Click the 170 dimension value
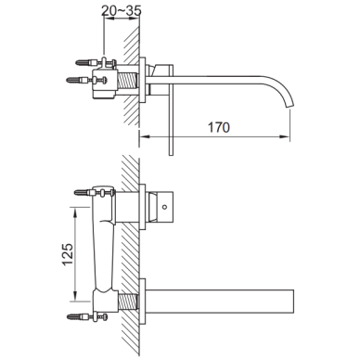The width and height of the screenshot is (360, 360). pyautogui.click(x=219, y=127)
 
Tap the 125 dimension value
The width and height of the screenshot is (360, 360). pyautogui.click(x=68, y=254)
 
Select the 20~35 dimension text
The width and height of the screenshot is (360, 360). pyautogui.click(x=122, y=10)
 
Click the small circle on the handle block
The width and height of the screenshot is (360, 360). pyautogui.click(x=165, y=207)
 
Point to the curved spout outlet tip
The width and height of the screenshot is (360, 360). pyautogui.click(x=290, y=108)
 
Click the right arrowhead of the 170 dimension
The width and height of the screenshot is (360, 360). pyautogui.click(x=286, y=136)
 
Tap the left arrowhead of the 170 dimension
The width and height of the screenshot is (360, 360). pyautogui.click(x=145, y=136)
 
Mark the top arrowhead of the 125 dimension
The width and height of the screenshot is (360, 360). pyautogui.click(x=75, y=212)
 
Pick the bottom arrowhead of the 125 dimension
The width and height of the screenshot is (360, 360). pyautogui.click(x=75, y=296)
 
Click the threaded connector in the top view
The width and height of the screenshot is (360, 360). pyautogui.click(x=127, y=84)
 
